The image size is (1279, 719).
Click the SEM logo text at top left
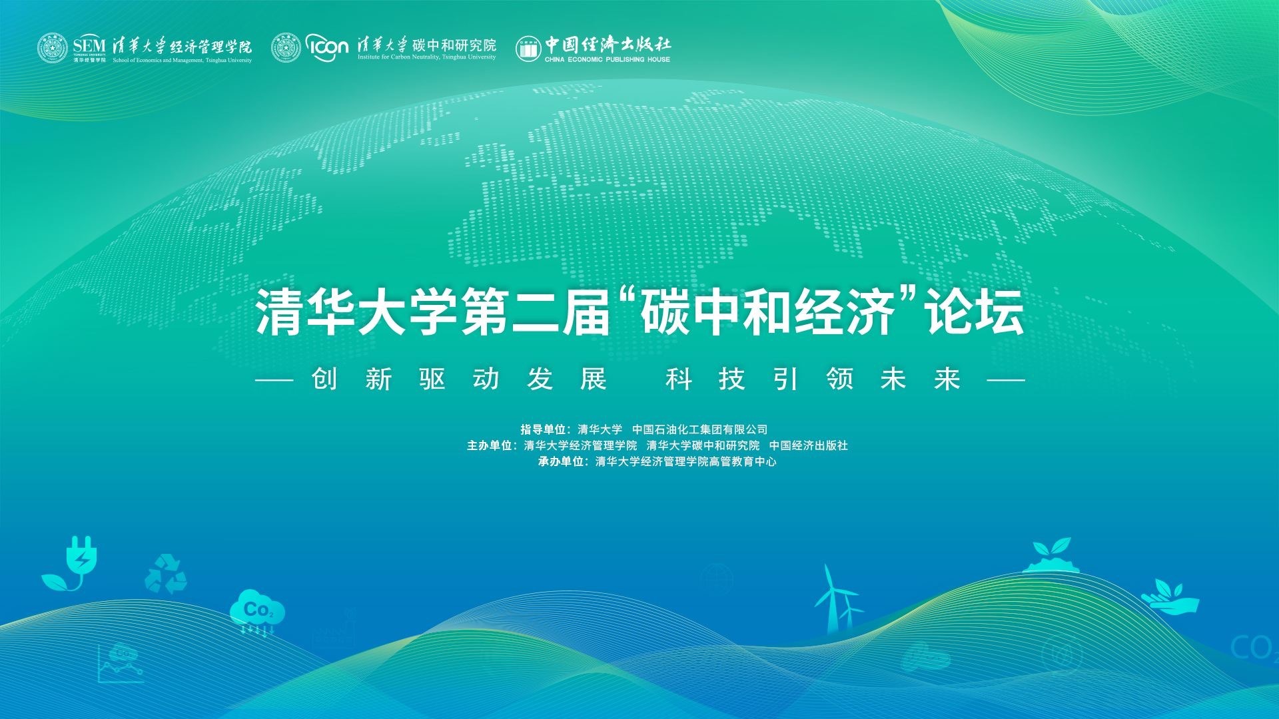coord(89,45)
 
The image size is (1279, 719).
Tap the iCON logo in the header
coord(328,47)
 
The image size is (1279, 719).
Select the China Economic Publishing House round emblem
coord(528,48)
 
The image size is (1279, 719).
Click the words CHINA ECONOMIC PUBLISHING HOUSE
coord(607,59)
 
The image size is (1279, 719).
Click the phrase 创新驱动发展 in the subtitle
coord(459,379)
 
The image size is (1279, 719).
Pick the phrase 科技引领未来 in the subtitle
coord(813,379)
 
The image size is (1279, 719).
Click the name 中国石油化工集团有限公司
coord(700,429)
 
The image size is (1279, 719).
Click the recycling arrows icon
coord(166,573)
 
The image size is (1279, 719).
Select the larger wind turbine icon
coord(831,599)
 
